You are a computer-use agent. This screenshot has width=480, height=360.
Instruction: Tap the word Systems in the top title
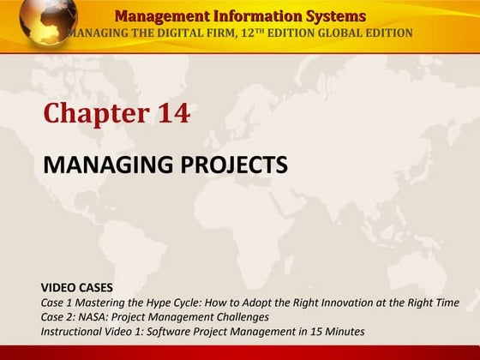[330, 16]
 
